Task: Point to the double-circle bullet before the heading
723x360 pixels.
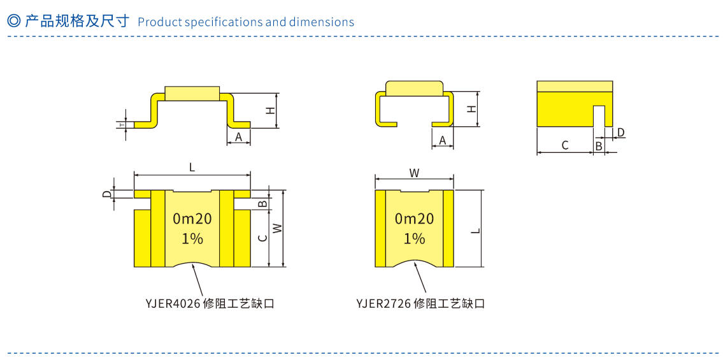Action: pos(13,21)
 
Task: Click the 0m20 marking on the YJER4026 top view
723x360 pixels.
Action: pos(192,219)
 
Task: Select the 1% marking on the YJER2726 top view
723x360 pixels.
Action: pos(414,238)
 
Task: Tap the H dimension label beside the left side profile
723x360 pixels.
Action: pos(271,110)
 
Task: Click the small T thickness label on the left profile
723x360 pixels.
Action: pos(122,124)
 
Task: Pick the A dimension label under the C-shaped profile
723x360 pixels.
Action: pos(442,140)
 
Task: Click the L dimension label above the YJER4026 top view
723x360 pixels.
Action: pos(192,168)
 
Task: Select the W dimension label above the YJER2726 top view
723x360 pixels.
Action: pos(414,173)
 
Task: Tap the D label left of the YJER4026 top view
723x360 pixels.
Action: pos(107,194)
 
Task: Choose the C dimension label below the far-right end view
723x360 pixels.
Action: pos(564,146)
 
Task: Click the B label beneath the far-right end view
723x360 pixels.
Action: pos(598,146)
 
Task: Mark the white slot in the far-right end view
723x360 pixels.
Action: pos(599,115)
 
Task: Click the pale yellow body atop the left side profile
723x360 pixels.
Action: pos(192,93)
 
